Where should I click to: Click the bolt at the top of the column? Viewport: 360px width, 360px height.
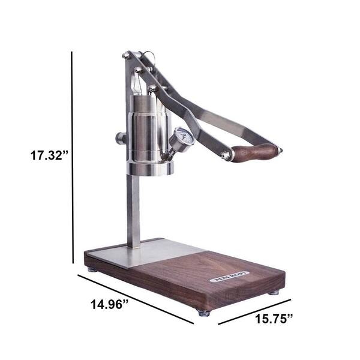pos(127,56)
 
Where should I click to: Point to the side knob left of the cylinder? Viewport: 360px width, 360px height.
pos(121,139)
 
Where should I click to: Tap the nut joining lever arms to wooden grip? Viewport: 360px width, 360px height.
pos(226,156)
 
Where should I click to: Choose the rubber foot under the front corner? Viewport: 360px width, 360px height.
pos(204,313)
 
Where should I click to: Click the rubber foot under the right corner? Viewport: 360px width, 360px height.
pos(274,292)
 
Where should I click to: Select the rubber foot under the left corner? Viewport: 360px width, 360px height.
pos(91,269)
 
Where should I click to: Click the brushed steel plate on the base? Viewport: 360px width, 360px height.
pos(150,252)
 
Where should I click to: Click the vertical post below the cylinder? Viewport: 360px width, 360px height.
pos(133,210)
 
